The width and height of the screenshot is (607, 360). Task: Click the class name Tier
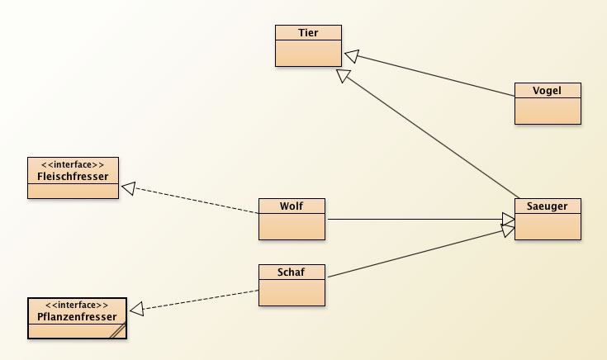[x=308, y=32]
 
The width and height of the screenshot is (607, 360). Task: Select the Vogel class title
[x=548, y=90]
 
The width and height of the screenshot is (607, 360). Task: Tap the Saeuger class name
[x=548, y=206]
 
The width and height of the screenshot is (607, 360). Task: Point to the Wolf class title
[x=292, y=206]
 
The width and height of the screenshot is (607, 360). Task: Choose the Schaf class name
[x=292, y=272]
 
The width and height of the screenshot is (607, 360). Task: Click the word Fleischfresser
[x=73, y=176]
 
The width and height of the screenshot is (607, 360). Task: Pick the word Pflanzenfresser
[x=77, y=316]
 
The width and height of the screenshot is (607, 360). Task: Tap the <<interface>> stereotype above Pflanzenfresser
[x=77, y=305]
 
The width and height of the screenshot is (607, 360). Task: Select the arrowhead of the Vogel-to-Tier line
[x=351, y=55]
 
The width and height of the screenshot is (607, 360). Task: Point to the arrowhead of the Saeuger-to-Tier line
[x=343, y=76]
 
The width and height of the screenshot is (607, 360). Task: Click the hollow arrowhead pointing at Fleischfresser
[x=129, y=189]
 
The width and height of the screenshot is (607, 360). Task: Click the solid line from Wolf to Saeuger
[x=413, y=219]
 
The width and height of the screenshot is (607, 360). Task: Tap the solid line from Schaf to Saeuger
[x=413, y=253]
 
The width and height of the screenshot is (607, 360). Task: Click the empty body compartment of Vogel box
[x=548, y=110]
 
